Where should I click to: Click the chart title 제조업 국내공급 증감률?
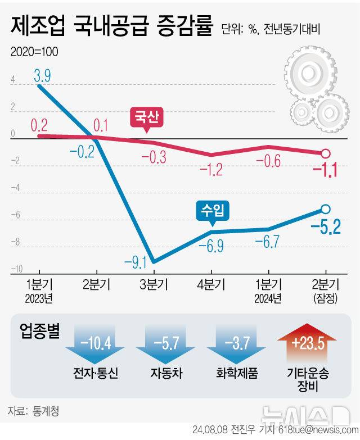[110, 26]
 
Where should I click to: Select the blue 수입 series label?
[211, 211]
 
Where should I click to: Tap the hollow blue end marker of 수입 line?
[325, 209]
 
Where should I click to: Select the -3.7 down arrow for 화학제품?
[236, 344]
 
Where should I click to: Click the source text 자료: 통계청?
[33, 411]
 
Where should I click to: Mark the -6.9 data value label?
[211, 246]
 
